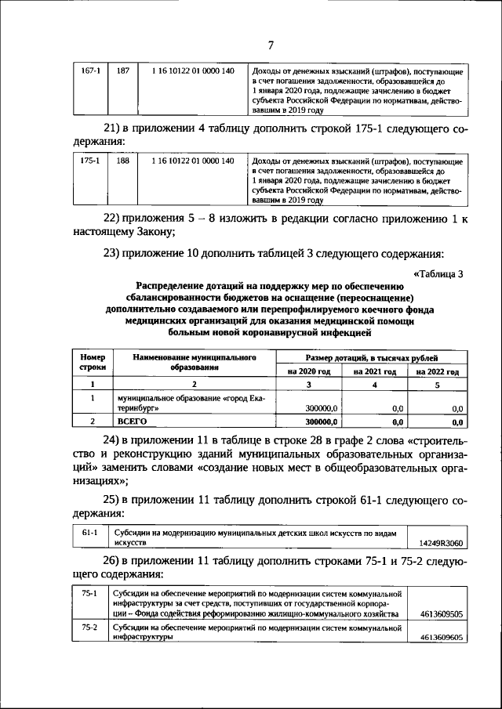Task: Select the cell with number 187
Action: [122, 72]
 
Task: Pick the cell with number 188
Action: [122, 161]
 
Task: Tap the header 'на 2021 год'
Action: [374, 371]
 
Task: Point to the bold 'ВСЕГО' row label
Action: [132, 421]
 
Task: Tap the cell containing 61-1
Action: [89, 532]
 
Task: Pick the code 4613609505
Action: [441, 616]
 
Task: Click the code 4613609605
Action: [441, 638]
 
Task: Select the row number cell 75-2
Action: [89, 628]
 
